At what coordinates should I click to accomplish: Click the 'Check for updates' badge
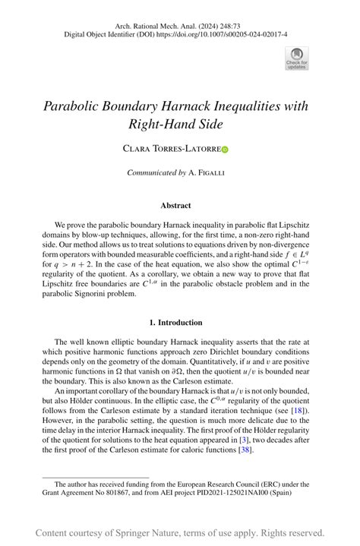(x=297, y=58)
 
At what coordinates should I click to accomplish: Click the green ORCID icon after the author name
(x=225, y=150)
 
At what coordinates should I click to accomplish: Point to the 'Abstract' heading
(x=175, y=205)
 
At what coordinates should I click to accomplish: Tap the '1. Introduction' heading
(x=175, y=322)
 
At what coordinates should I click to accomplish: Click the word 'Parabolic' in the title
(x=75, y=106)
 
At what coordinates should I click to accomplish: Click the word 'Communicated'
(x=152, y=173)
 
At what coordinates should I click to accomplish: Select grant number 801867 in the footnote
(x=125, y=491)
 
